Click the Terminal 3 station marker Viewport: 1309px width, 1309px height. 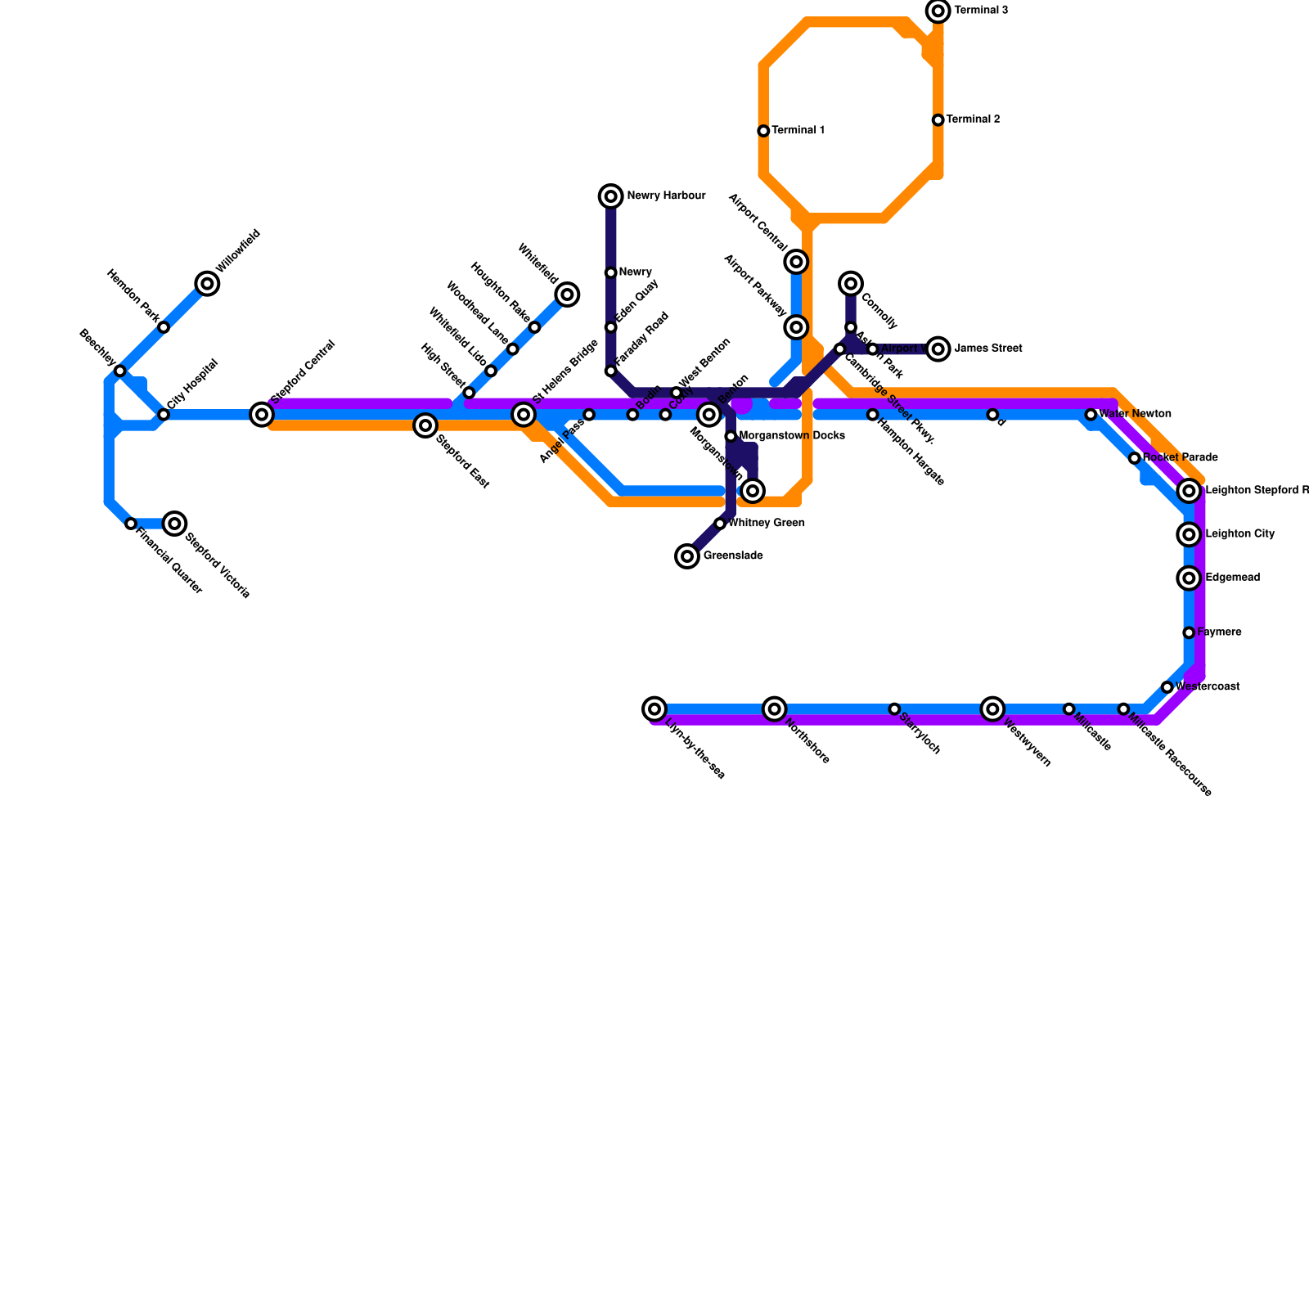coord(938,11)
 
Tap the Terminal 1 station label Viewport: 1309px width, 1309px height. coord(798,131)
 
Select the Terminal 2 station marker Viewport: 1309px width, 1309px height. coord(938,120)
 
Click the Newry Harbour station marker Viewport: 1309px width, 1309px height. coord(611,196)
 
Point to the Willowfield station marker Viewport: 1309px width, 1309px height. coord(208,284)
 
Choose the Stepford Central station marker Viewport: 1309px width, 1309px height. coord(262,415)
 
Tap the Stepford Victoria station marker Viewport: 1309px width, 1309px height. coord(174,524)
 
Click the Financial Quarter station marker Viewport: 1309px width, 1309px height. coord(131,524)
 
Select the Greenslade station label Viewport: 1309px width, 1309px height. coord(733,556)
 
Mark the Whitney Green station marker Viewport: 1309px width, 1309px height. coord(720,524)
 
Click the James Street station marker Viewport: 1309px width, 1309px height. coord(938,349)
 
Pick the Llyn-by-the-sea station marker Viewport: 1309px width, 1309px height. coord(654,708)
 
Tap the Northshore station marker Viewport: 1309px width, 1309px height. coord(775,708)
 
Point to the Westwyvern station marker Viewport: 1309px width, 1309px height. coord(992,708)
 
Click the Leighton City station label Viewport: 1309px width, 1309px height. coord(1239,534)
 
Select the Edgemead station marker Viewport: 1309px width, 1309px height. coord(1190,578)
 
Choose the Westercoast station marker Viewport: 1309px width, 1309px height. coord(1167,687)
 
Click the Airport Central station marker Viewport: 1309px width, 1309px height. coord(797,262)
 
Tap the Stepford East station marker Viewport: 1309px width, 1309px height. coord(425,425)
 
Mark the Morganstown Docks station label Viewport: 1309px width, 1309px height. coord(792,436)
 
